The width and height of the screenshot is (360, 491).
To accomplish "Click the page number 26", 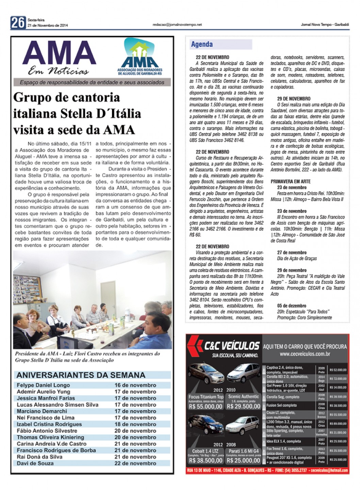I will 18,22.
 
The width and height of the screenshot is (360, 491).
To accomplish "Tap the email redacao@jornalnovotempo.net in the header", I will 177,24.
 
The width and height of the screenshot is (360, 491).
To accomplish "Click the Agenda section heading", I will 202,44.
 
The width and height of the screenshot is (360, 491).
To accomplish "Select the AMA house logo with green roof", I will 140,55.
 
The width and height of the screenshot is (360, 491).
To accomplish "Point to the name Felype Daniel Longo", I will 43,385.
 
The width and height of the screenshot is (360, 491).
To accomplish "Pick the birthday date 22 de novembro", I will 135,463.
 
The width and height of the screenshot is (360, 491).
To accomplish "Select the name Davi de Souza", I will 35,463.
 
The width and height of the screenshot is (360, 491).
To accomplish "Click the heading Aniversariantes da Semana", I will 81,375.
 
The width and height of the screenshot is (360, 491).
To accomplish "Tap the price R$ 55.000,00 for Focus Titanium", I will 206,406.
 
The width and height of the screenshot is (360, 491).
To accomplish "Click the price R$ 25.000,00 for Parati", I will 243,460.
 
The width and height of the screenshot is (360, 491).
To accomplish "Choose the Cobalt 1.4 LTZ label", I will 206,451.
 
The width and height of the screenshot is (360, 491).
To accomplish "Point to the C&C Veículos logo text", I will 231,346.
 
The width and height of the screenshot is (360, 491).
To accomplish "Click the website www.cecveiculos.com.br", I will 305,354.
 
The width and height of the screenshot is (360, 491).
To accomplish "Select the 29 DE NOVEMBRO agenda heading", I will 293,99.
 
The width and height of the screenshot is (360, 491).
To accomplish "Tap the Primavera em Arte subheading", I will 291,182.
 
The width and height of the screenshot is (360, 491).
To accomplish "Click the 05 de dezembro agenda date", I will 291,306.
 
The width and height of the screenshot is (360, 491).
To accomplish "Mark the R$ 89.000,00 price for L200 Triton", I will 338,424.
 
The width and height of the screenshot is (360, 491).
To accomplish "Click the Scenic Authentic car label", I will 243,396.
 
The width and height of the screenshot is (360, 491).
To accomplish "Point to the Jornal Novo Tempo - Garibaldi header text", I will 325,24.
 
